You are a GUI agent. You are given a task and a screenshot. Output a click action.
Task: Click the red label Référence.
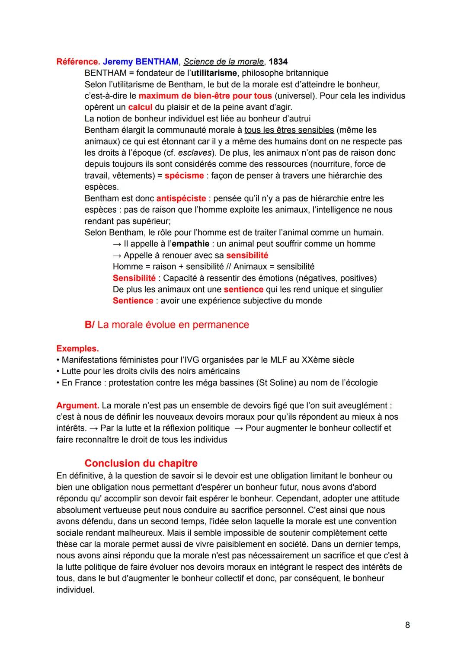78,61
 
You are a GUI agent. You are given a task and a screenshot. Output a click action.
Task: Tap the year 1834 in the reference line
278,61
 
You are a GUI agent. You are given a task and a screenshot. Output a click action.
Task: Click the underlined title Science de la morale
224,61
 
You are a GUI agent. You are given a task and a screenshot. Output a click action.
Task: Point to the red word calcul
140,107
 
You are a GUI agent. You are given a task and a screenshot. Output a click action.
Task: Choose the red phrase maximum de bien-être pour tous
205,96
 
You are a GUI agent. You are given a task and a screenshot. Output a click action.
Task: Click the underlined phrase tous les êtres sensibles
289,130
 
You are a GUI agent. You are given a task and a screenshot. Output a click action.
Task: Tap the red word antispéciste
181,198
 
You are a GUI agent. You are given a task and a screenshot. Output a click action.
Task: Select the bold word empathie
191,244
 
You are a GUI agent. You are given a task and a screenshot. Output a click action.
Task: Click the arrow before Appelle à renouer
117,255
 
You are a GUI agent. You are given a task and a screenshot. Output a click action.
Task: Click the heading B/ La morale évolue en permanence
167,325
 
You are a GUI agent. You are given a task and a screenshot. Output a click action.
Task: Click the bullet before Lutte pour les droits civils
58,371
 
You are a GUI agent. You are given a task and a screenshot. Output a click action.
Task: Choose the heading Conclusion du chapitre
141,463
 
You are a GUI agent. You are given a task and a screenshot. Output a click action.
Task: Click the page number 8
407,625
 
